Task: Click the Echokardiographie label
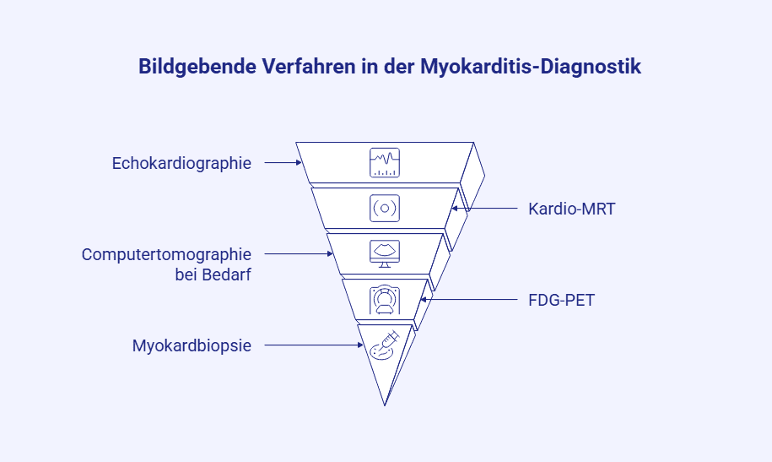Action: point(181,163)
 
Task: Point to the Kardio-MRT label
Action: point(571,208)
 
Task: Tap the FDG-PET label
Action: point(561,299)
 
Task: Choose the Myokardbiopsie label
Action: point(192,345)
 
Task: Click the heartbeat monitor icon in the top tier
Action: point(385,162)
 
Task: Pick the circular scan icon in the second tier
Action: point(385,208)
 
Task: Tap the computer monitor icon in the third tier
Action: point(385,253)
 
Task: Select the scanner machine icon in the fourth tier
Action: point(385,299)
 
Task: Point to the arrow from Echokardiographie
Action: point(283,163)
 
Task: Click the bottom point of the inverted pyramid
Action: point(385,405)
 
